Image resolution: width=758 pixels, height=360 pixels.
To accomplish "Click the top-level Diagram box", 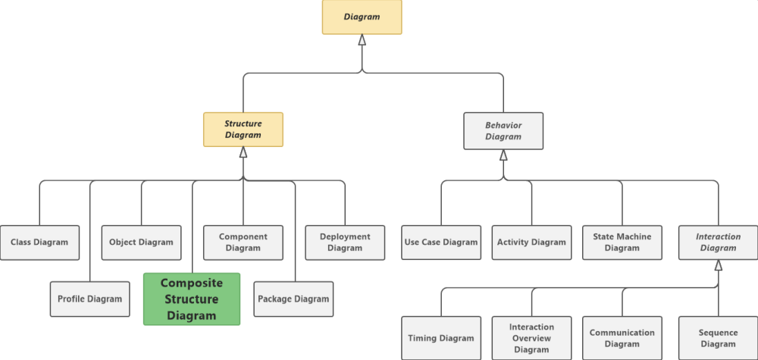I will click(362, 17).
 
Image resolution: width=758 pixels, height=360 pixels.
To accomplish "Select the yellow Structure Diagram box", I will click(243, 130).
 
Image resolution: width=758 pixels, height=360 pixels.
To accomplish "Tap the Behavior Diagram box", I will click(503, 131).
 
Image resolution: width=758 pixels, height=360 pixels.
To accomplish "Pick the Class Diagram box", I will click(39, 243).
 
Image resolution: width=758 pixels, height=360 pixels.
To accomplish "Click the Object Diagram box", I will click(141, 243).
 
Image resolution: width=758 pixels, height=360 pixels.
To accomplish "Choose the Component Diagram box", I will click(243, 243).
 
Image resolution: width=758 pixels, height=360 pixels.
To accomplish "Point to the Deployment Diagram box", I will click(345, 243).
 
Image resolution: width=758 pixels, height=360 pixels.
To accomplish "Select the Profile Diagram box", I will click(89, 299).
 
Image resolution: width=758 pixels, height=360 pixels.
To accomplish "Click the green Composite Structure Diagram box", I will click(192, 299).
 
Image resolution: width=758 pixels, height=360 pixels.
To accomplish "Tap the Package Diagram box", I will click(293, 299).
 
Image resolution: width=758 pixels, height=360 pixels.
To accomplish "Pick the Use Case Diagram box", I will click(441, 243).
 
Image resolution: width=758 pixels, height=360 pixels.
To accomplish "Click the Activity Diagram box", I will click(531, 243).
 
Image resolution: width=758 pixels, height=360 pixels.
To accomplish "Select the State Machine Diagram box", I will click(622, 243).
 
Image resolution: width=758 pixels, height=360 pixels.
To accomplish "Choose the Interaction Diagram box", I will click(718, 243).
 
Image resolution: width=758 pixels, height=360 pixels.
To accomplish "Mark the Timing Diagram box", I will click(441, 338).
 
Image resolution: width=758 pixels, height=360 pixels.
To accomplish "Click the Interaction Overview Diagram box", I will click(531, 338).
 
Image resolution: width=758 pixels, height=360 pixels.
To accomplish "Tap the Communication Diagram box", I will click(622, 338).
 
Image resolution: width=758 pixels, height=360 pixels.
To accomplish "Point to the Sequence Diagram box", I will click(718, 338).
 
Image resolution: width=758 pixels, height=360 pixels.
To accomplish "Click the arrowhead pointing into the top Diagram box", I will click(362, 40).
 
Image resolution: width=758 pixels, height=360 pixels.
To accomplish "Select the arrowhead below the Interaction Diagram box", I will click(719, 265).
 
